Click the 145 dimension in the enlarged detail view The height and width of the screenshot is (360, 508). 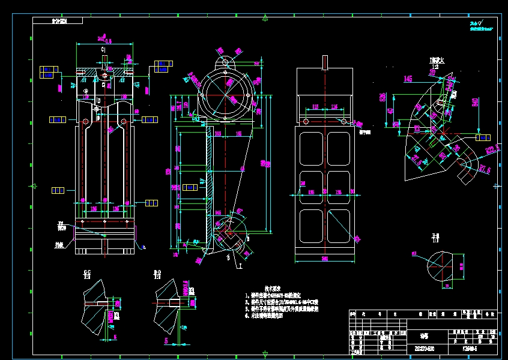pyautogui.click(x=408, y=79)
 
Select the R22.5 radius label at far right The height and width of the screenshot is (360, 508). pyautogui.click(x=493, y=150)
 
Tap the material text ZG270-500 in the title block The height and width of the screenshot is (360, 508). pyautogui.click(x=424, y=348)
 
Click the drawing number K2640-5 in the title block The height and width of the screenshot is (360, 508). pyautogui.click(x=471, y=348)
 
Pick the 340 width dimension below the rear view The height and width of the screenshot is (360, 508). pyautogui.click(x=324, y=259)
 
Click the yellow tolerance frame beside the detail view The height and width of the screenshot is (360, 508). pyautogui.click(x=483, y=138)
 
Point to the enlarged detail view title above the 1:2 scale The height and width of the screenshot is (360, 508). pyautogui.click(x=436, y=61)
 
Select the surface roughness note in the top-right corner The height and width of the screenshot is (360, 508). pyautogui.click(x=480, y=25)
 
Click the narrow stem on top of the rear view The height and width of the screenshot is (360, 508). pyautogui.click(x=325, y=62)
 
